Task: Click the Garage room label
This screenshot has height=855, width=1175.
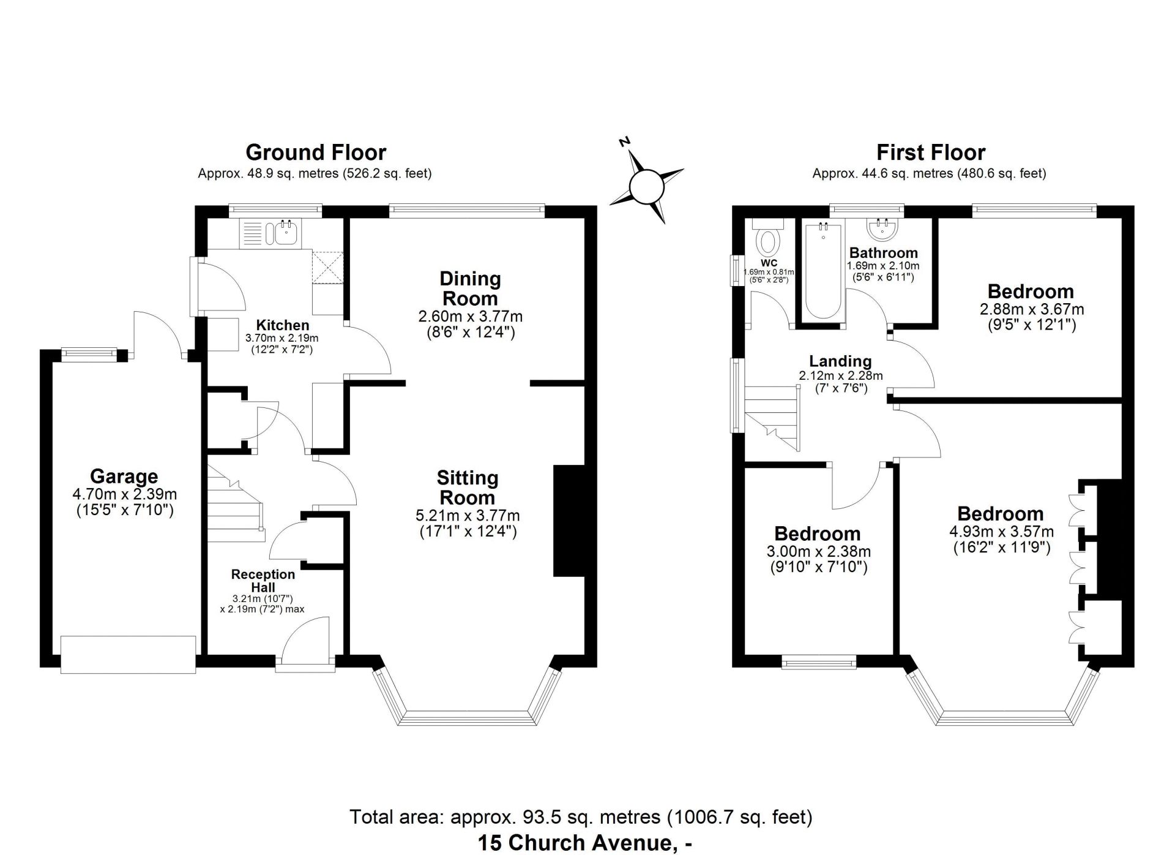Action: [x=124, y=476]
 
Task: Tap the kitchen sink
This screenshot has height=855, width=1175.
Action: [x=285, y=233]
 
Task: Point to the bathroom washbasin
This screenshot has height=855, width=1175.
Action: [x=882, y=229]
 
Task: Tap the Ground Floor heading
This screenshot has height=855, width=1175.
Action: [x=316, y=152]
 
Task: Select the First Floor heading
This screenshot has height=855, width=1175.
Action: [x=931, y=152]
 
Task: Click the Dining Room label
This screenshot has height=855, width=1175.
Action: [x=470, y=288]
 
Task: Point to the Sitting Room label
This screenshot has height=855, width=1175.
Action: [x=468, y=487]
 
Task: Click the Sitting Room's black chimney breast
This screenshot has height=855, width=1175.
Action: [x=569, y=521]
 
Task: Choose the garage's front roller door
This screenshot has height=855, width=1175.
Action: [x=128, y=655]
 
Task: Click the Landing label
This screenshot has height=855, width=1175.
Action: [x=840, y=361]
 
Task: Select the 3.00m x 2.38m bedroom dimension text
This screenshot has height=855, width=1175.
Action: [x=818, y=552]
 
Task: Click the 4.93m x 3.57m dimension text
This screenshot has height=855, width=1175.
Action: [x=1001, y=531]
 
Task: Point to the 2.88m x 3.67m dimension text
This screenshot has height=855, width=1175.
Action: [x=1032, y=309]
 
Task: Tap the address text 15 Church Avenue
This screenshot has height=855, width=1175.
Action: [x=575, y=843]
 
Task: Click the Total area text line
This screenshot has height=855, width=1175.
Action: [x=581, y=817]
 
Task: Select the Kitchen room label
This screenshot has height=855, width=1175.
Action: [x=282, y=325]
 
